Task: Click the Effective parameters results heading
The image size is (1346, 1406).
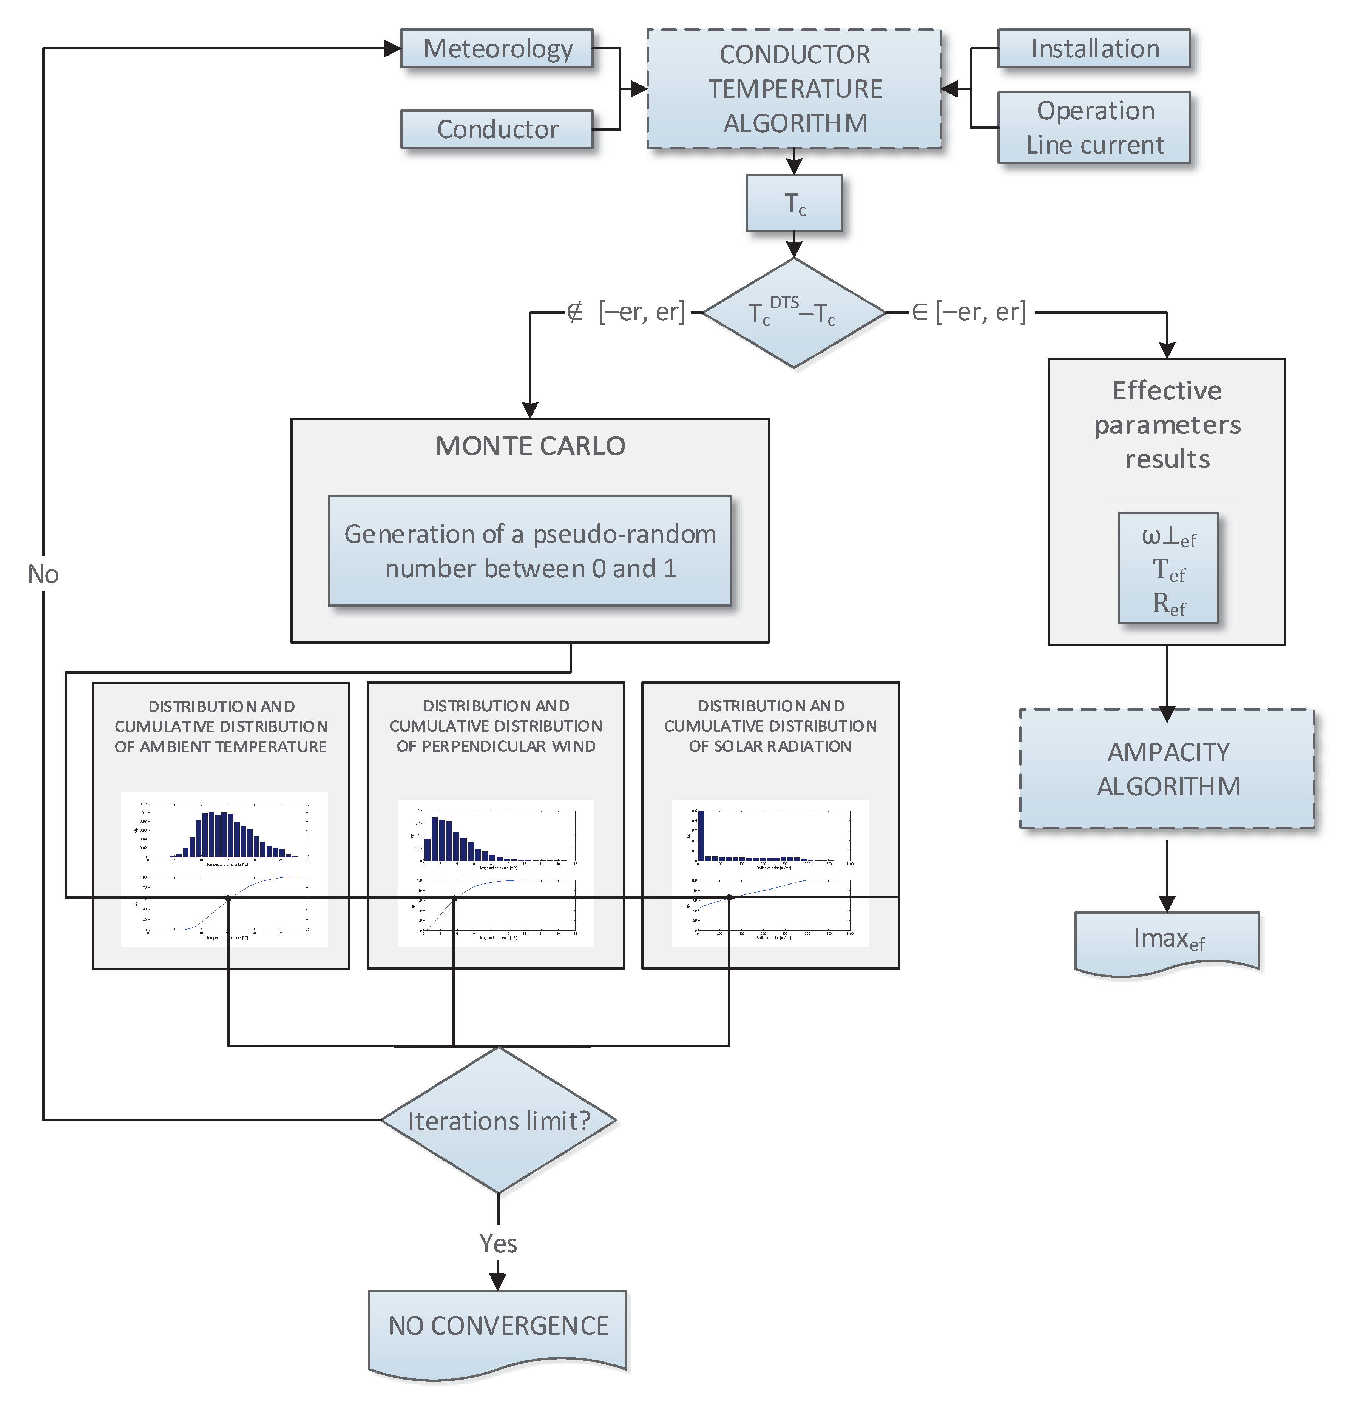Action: click(1167, 425)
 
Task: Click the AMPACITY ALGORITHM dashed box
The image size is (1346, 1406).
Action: click(1167, 769)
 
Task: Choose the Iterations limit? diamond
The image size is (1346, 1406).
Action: click(498, 1121)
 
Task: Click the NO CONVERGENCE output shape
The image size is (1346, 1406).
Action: click(498, 1327)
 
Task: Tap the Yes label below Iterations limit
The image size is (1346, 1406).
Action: click(498, 1243)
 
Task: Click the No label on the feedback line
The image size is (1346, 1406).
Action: click(43, 574)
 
